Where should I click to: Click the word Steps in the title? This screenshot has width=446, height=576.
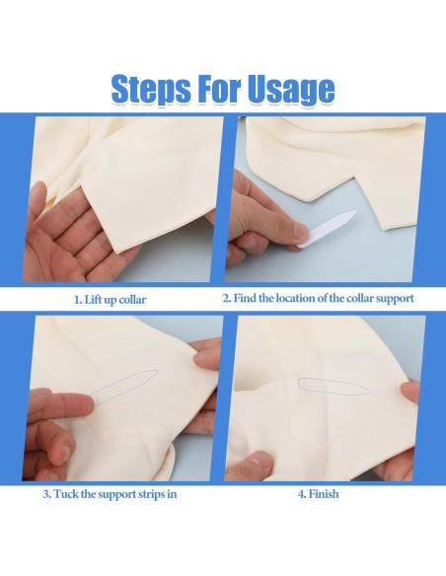pos(151,90)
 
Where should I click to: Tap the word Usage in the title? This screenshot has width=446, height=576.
pos(291,90)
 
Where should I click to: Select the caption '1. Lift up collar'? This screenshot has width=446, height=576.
pos(110,300)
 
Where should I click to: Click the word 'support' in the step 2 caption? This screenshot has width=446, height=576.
pos(395,298)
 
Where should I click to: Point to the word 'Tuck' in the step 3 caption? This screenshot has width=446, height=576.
pos(66,494)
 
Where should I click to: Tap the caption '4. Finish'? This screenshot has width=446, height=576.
pos(318,494)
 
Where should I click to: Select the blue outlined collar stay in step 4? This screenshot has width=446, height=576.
pos(333,387)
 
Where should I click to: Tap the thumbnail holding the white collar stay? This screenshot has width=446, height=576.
pos(301,232)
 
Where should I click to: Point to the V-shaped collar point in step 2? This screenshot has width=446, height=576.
pos(311,201)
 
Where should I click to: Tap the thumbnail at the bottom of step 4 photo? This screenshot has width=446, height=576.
pos(258,461)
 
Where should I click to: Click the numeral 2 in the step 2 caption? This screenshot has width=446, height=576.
pos(226,298)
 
